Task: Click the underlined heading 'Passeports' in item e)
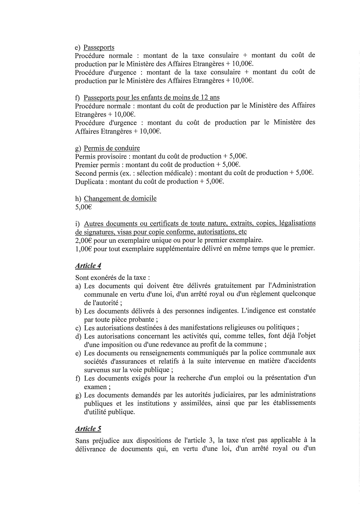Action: point(99,47)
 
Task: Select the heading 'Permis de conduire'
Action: point(112,148)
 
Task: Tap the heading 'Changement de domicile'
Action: point(120,198)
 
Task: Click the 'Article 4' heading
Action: point(88,266)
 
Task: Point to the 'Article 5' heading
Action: point(88,429)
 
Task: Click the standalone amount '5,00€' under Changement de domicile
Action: point(83,207)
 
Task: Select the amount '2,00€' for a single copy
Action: point(83,240)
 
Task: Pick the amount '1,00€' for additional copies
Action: point(83,249)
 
